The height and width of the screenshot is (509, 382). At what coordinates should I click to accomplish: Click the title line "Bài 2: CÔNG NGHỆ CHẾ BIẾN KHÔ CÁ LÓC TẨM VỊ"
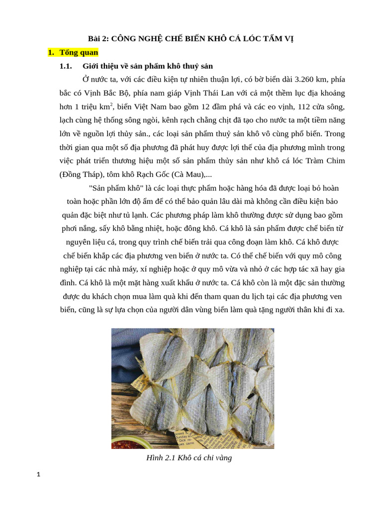[191, 39]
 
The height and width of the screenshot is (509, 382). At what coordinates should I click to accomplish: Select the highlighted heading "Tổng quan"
[79, 52]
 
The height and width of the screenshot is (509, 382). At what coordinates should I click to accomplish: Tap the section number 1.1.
[66, 66]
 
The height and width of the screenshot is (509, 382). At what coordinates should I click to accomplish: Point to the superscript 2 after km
[111, 104]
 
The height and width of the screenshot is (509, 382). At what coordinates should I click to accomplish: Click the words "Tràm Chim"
[325, 161]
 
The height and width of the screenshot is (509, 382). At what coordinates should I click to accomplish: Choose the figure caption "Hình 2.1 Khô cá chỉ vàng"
[189, 457]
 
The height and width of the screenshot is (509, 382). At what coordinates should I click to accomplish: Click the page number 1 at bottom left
[38, 475]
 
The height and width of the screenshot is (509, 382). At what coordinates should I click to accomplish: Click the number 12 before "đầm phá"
[206, 106]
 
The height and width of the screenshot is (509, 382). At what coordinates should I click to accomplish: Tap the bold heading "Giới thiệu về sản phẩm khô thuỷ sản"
[148, 66]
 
